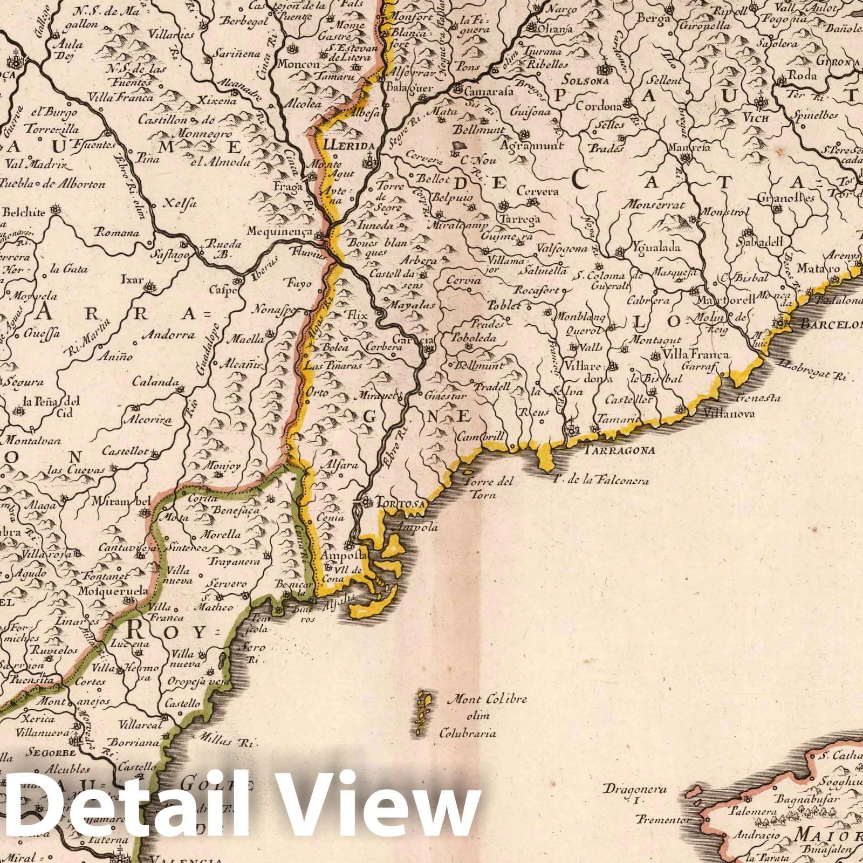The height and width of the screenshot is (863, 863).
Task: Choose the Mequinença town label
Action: pos(287,231)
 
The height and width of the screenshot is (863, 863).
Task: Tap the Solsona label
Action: pos(585,81)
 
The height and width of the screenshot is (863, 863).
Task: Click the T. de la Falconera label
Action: pos(601,481)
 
